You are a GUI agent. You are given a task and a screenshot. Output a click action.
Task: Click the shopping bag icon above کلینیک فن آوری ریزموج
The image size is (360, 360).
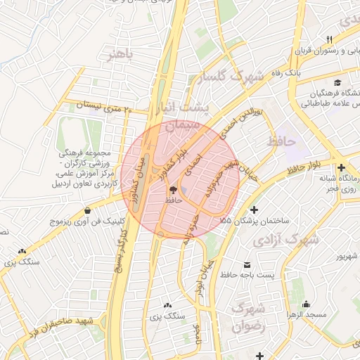coord(87,210)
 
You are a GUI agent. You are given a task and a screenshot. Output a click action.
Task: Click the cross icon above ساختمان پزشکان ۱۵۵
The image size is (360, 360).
coord(254,210)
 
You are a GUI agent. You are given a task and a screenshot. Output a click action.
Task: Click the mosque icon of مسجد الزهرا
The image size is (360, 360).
coord(306,304)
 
